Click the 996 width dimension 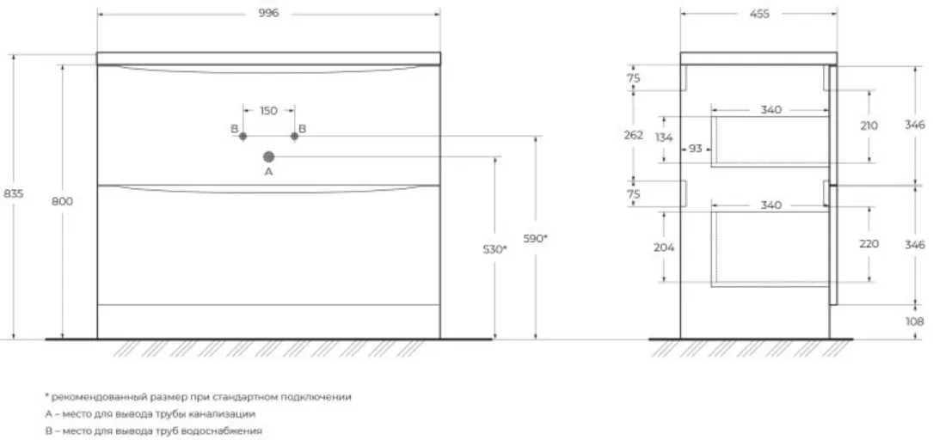tap(268, 14)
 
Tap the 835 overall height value tap(13, 193)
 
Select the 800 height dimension tap(63, 202)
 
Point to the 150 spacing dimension tap(268, 111)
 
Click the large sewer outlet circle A tap(268, 157)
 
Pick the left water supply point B tap(242, 136)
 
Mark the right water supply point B tap(295, 136)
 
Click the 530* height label tap(495, 250)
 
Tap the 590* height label tap(536, 238)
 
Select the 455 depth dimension tap(759, 15)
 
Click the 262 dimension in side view tap(634, 135)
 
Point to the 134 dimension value tap(664, 138)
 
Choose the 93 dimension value tap(695, 149)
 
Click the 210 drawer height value tap(869, 125)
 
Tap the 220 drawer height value tap(869, 244)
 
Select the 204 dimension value tap(664, 248)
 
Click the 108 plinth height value tap(915, 321)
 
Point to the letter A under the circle tap(268, 172)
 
